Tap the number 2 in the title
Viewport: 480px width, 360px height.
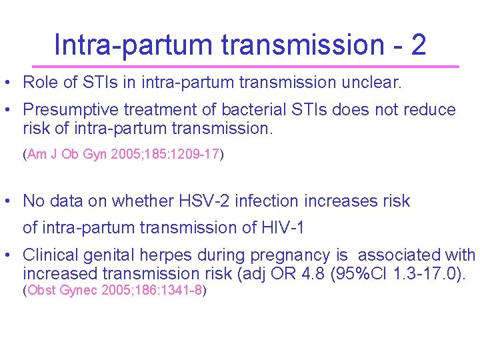418,45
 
